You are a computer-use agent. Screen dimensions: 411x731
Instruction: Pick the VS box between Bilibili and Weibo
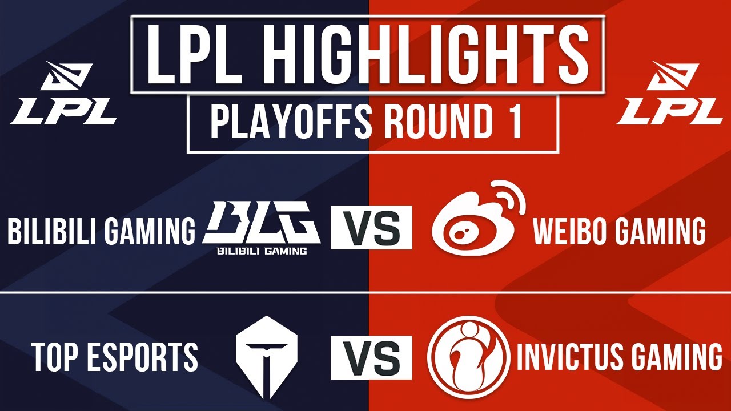coord(371,228)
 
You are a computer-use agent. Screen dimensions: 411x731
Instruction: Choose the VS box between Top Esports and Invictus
coord(371,357)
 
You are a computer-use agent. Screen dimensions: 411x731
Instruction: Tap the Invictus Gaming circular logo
coord(469,357)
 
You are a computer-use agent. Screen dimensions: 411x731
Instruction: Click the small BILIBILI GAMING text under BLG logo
coord(262,251)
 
